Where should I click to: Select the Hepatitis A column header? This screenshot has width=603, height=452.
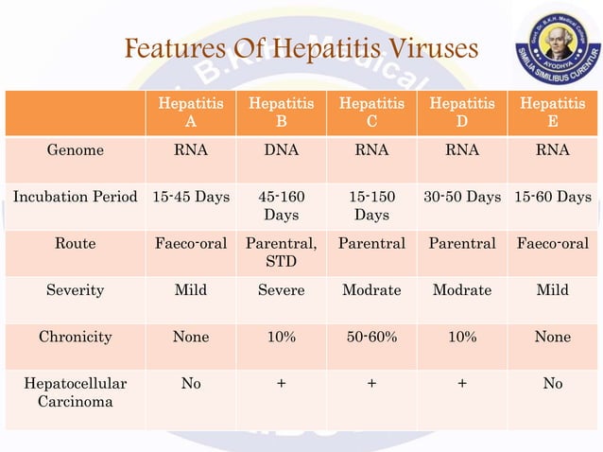tap(191, 113)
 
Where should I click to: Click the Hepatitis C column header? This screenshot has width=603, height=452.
tap(371, 113)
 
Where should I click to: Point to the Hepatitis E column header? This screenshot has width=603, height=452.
tap(553, 113)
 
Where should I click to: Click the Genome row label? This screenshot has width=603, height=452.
tap(76, 150)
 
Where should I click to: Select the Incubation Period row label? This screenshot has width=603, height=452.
tap(76, 197)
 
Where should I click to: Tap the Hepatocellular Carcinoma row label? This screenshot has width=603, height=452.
tap(76, 393)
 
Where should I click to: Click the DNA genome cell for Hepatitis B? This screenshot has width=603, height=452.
tap(281, 150)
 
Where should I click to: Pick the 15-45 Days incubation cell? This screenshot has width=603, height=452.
tap(191, 197)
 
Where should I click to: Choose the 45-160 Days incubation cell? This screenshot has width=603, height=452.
tap(281, 206)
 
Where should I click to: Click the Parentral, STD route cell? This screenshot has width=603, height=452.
tap(281, 252)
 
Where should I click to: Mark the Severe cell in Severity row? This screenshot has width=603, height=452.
tap(281, 290)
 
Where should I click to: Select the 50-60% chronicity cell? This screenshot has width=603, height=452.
tap(371, 337)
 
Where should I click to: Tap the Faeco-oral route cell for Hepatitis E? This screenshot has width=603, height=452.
tap(553, 243)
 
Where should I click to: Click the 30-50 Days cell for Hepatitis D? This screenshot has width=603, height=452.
tap(462, 197)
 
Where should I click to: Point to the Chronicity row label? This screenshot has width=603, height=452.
tap(76, 337)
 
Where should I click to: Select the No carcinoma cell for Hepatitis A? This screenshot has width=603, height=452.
tap(191, 383)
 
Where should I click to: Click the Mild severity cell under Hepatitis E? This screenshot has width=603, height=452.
tap(553, 290)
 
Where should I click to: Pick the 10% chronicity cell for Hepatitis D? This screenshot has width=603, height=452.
tap(462, 337)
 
